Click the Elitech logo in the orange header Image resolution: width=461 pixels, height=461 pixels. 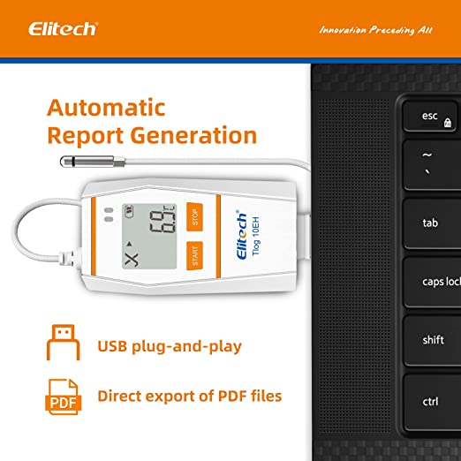pos(63,29)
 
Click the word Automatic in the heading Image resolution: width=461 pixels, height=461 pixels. pos(106,108)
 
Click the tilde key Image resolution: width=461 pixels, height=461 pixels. pos(430,163)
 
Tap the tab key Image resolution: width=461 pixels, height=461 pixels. pos(430,223)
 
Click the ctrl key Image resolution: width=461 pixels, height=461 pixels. pos(430,402)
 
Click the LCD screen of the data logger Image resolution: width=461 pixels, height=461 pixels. pos(148,238)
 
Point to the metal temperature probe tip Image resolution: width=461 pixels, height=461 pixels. pos(85,161)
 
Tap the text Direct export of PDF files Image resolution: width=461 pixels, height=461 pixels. pos(189,397)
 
